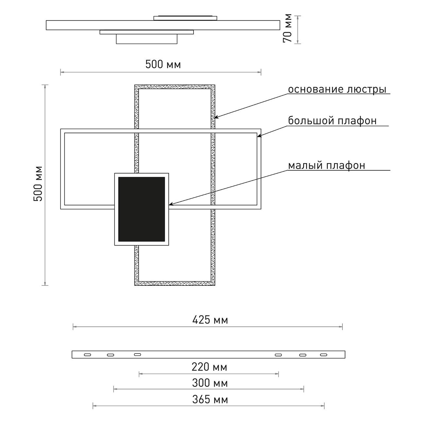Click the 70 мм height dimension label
point(287,28)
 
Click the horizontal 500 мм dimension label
point(163,64)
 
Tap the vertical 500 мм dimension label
point(38,184)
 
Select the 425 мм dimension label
point(210,320)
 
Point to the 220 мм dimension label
point(209,367)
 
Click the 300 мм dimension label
point(210,383)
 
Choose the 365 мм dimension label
point(210,399)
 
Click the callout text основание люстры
point(337,89)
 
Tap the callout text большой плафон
point(332,121)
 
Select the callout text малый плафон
point(326,165)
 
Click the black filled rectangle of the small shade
point(142,209)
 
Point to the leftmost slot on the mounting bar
point(88,355)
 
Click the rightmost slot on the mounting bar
point(323,355)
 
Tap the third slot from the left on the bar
point(137,354)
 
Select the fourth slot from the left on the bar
point(279,354)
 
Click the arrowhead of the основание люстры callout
point(216,117)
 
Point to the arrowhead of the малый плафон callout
point(170,205)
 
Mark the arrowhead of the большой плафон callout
point(259,136)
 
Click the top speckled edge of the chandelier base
point(175,87)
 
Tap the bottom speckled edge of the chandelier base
point(175,283)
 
